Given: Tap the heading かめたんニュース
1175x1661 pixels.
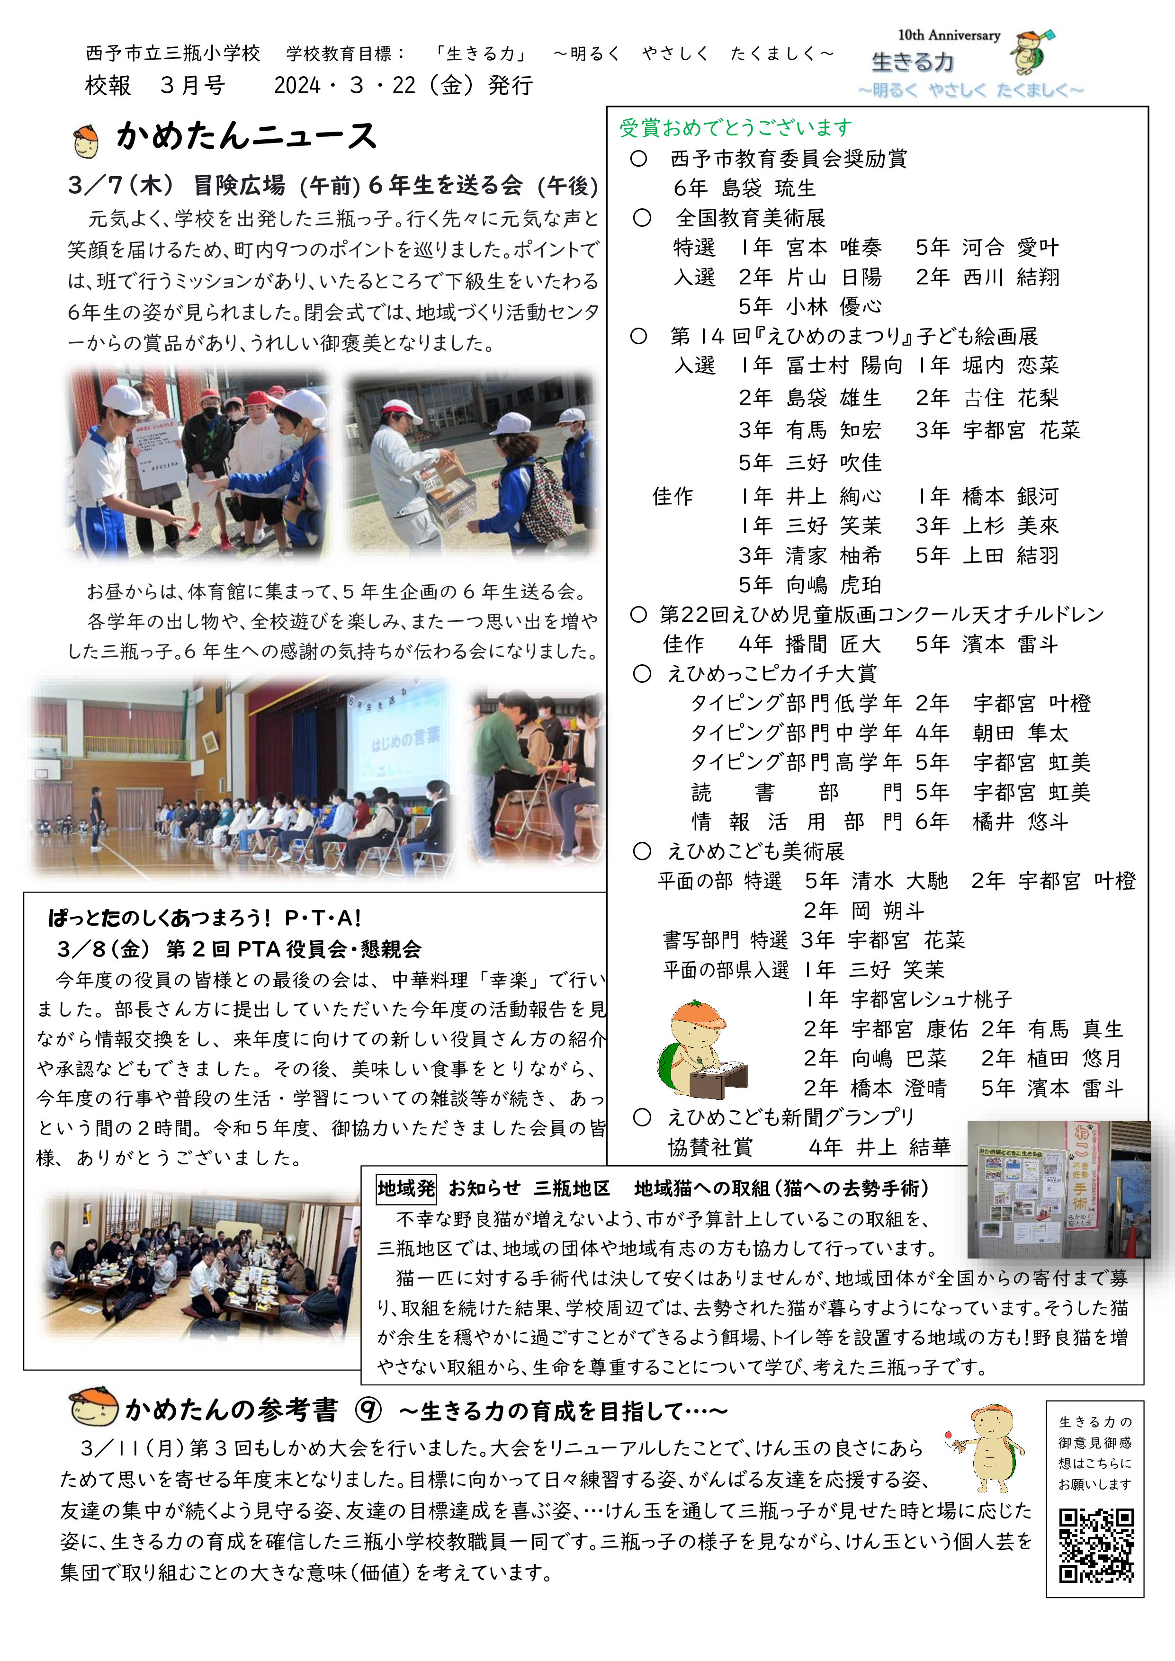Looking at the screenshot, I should (x=246, y=136).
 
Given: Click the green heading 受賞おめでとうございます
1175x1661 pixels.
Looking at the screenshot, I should (x=735, y=128).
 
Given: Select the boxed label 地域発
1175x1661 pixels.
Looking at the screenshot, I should (x=406, y=1188).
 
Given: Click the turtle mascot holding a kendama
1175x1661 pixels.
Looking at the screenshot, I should (x=987, y=1450).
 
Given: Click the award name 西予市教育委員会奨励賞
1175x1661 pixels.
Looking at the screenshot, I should (x=788, y=159).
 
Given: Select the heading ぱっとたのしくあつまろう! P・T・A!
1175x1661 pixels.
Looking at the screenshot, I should (x=205, y=918).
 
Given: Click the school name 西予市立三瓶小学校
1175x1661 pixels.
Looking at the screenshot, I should (x=173, y=53).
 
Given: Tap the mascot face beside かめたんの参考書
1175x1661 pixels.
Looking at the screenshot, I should (x=93, y=1408).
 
